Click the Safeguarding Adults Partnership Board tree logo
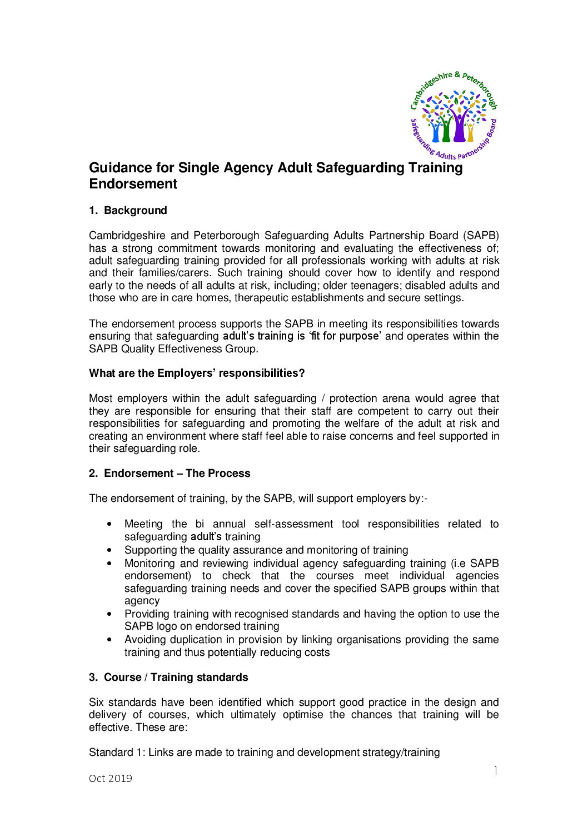pos(453,115)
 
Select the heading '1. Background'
pos(128,211)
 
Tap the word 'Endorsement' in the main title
pos(133,184)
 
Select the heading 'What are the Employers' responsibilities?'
pos(197,373)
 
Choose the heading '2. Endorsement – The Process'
pos(170,474)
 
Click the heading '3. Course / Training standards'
pos(168,677)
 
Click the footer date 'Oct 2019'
pos(111,779)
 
